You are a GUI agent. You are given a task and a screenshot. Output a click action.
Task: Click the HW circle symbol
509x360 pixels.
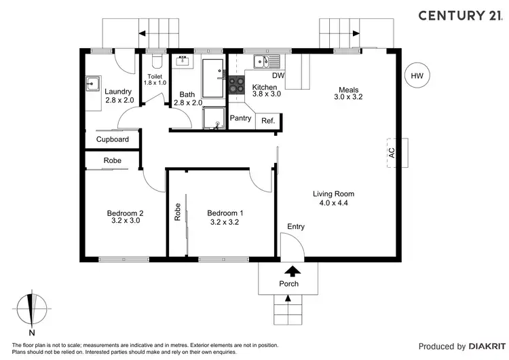tap(417, 75)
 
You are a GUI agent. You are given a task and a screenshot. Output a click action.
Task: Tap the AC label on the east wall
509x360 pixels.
tap(392, 153)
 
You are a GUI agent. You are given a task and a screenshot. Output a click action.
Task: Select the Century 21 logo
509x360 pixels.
tap(461, 16)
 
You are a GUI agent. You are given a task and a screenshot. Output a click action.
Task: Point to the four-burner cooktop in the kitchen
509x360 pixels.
tap(236, 84)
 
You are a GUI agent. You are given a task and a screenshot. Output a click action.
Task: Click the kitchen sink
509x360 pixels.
tap(266, 62)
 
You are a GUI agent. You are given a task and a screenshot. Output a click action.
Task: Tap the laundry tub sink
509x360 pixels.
tap(93, 84)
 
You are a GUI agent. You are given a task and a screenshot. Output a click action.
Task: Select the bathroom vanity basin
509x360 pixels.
tap(183, 61)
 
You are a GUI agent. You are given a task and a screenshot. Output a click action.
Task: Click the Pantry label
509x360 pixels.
tap(240, 118)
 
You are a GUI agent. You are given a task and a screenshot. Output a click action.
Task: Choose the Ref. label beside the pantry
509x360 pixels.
tap(268, 121)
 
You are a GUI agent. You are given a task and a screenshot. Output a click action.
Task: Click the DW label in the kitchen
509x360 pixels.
tap(278, 75)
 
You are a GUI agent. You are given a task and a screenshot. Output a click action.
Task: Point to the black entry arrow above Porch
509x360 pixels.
tap(293, 271)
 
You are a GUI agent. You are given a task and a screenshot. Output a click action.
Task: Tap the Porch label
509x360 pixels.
tap(289, 284)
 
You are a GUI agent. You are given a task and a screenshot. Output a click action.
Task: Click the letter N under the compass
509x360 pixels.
tap(32, 333)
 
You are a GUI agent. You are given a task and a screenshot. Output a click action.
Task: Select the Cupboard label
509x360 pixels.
tap(112, 139)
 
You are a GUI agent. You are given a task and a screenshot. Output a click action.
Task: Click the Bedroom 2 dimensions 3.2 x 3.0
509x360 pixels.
tap(126, 220)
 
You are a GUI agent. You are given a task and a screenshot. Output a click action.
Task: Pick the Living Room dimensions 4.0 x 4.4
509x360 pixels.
tap(334, 202)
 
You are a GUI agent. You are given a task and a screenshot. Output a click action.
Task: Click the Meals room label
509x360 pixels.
tap(349, 90)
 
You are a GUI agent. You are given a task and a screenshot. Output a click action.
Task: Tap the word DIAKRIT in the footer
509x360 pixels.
tap(487, 346)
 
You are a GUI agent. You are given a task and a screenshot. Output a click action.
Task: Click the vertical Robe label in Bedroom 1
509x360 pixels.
tap(178, 212)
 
